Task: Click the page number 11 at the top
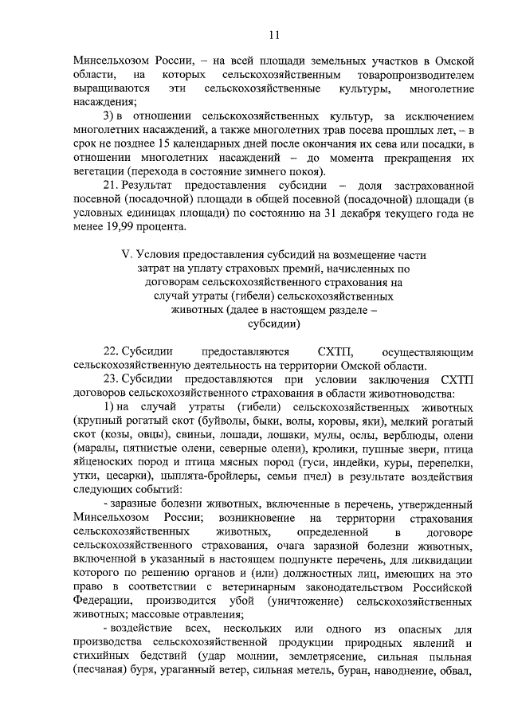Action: [273, 34]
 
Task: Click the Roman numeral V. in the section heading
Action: [124, 255]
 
